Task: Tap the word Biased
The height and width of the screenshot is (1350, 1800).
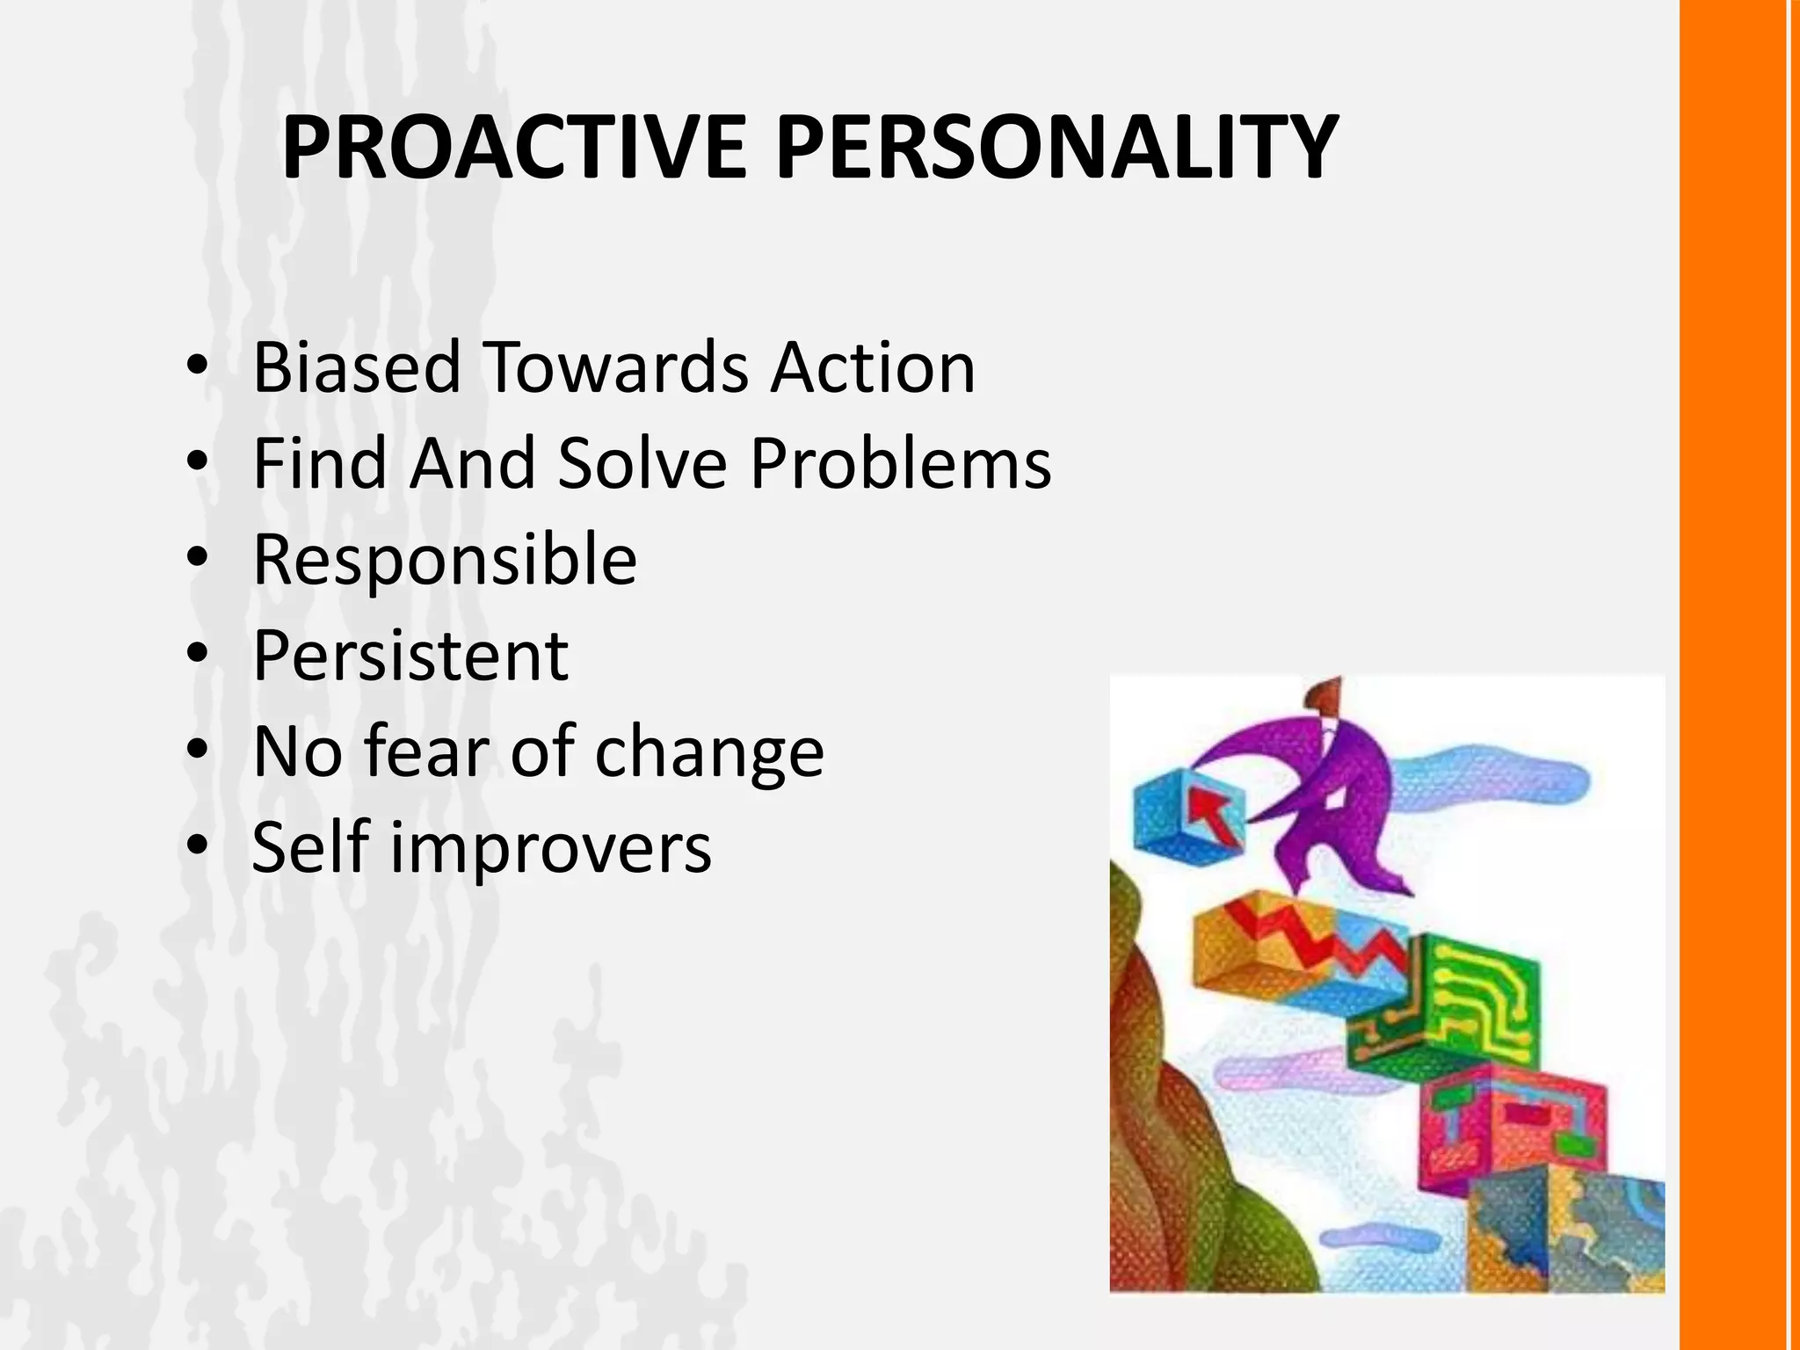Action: [356, 367]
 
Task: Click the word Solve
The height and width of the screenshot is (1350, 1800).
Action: [642, 463]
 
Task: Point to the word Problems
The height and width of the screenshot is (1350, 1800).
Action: [900, 463]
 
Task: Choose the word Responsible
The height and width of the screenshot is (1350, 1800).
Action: [445, 560]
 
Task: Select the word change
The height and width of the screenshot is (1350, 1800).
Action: [709, 754]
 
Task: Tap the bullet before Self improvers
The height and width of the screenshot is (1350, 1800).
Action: [198, 846]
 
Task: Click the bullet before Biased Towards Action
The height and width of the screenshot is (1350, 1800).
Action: [198, 365]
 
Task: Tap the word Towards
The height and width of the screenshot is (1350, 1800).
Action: [615, 367]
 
